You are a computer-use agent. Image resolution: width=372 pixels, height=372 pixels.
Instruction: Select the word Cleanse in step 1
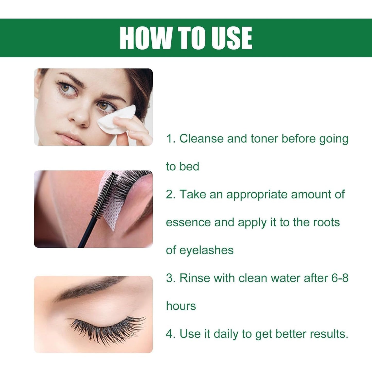202,139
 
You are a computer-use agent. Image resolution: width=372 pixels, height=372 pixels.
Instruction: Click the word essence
188,222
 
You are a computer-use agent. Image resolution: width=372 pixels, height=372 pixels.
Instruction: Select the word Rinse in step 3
195,278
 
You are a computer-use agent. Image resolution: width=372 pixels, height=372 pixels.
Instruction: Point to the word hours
181,306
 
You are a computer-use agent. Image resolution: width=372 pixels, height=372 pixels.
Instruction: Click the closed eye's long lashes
108,330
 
